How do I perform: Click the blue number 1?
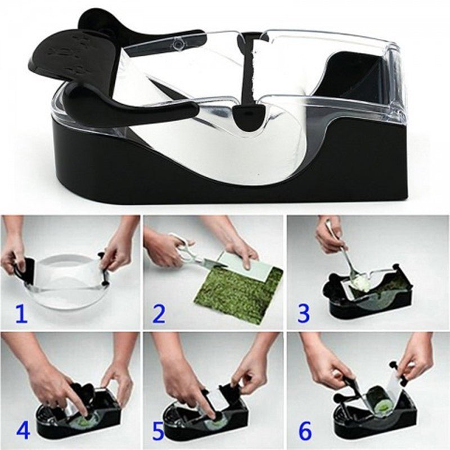point(21,313)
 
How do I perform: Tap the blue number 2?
point(159,313)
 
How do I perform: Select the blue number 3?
point(304,313)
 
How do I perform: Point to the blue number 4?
point(23,430)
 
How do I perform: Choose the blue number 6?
point(304,430)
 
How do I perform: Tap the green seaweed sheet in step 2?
point(236,292)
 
